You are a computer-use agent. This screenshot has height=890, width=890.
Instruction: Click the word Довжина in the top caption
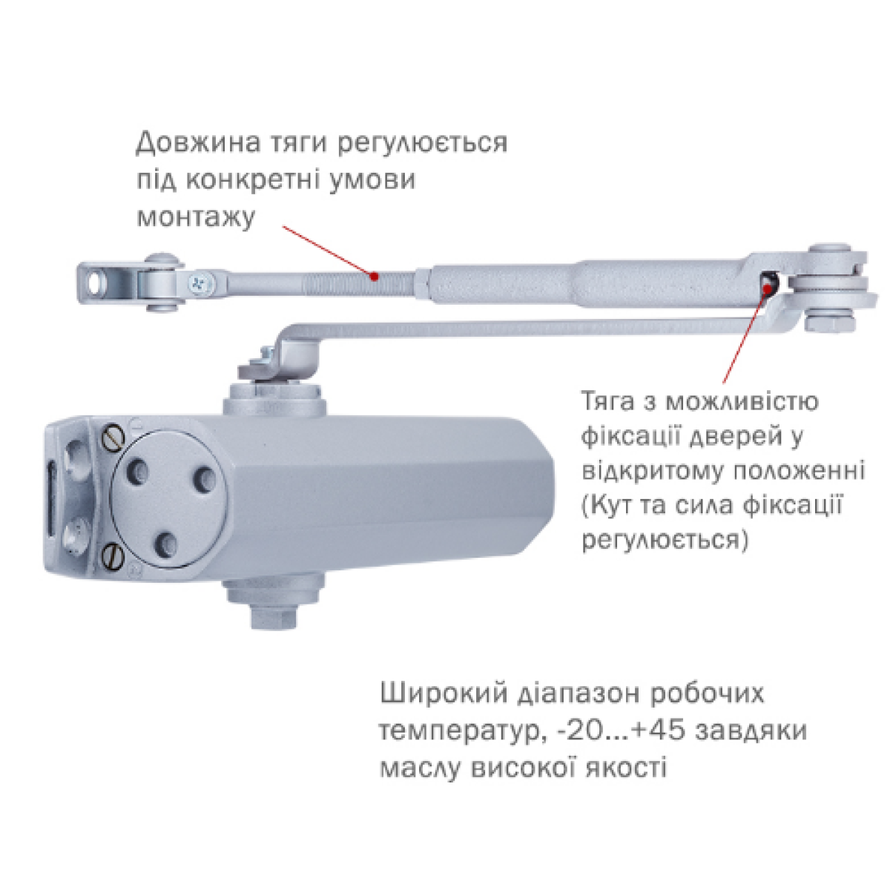199,142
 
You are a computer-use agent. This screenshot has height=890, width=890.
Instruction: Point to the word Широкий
444,706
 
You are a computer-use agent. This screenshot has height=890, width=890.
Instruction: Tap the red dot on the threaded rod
375,277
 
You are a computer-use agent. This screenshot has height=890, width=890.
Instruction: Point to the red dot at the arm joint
768,289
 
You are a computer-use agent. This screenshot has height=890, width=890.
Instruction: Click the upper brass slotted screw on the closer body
113,438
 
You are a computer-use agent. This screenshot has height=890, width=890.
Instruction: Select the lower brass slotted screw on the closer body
113,553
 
